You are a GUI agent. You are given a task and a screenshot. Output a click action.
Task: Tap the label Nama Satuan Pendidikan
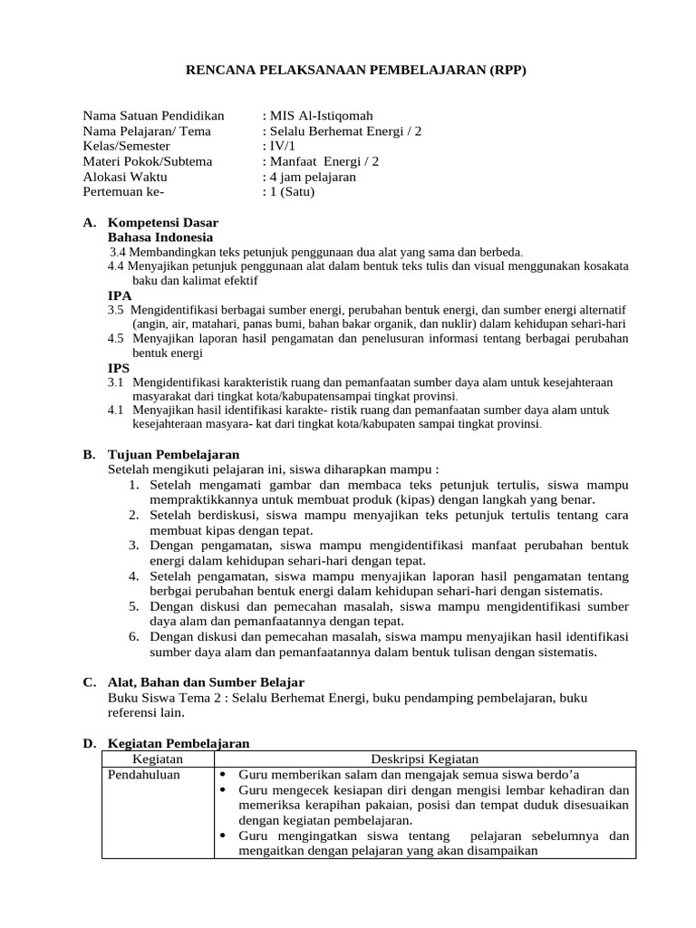[153, 116]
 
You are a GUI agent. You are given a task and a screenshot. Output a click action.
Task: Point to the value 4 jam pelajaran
[311, 177]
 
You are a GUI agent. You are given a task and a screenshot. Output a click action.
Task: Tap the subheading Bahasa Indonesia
[161, 237]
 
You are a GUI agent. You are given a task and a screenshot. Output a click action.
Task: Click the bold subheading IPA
[120, 295]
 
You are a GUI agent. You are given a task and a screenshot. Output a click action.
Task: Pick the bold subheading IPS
[120, 368]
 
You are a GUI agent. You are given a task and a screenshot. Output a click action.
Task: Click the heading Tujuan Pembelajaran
[174, 454]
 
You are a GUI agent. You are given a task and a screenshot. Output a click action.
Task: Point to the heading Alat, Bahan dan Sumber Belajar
[206, 681]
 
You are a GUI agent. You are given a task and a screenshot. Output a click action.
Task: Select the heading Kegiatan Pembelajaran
[179, 743]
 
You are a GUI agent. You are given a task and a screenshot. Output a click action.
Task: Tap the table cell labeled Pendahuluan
[144, 774]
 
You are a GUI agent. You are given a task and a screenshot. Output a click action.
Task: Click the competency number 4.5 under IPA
[115, 338]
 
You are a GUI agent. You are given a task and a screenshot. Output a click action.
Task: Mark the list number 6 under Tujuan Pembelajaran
[133, 637]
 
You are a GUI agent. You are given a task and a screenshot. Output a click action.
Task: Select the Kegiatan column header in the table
[159, 759]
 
